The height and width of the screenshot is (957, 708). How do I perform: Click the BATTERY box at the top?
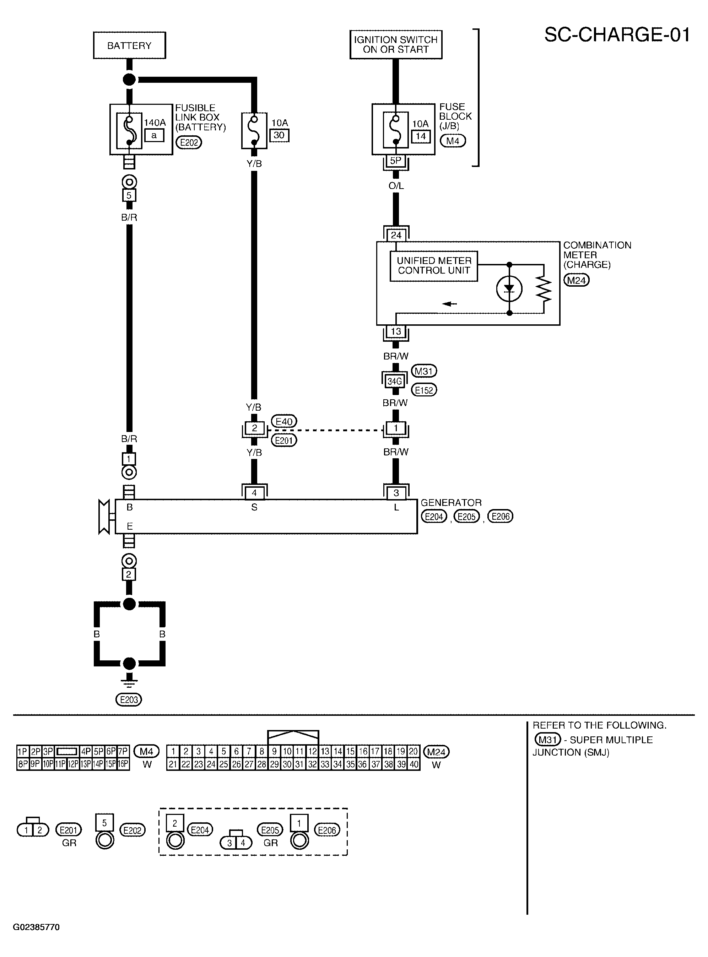pos(129,45)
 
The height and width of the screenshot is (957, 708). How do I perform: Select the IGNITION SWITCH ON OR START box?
pos(396,44)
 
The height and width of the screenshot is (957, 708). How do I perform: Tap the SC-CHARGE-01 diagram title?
pos(617,35)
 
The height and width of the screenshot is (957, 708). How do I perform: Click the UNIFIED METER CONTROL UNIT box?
pos(434,266)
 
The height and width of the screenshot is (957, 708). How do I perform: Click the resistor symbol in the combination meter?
pos(544,289)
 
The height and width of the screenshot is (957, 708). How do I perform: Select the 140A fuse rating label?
pos(155,123)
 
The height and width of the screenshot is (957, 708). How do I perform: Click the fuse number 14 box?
pos(421,136)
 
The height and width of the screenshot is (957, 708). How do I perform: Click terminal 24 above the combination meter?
pos(396,235)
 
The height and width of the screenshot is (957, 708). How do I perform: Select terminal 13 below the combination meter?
pos(396,331)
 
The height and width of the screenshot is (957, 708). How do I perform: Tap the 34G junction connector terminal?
pos(395,381)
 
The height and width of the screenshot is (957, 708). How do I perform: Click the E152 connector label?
pos(424,390)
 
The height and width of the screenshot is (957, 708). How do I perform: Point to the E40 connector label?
pos(284,422)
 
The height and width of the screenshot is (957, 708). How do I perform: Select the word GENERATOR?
pos(451,502)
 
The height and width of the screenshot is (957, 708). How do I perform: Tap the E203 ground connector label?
pos(129,700)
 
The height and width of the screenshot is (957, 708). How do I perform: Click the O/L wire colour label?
pos(396,185)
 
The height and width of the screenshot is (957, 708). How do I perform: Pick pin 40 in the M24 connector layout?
pos(414,764)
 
